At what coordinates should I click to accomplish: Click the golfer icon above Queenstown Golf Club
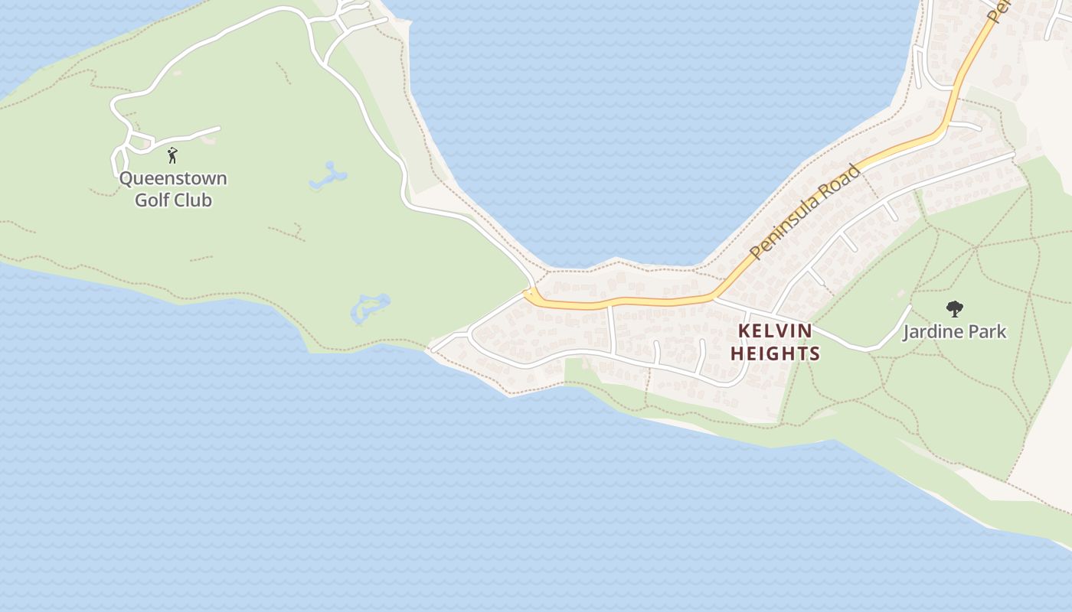pyautogui.click(x=172, y=155)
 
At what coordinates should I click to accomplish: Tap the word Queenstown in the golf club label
pyautogui.click(x=173, y=179)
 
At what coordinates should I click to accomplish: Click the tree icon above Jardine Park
pyautogui.click(x=954, y=309)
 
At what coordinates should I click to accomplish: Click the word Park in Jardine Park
pyautogui.click(x=989, y=332)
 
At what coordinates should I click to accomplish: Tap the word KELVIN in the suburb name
pyautogui.click(x=774, y=331)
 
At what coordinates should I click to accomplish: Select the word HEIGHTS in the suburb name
pyautogui.click(x=775, y=353)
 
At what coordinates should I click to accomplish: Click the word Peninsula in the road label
pyautogui.click(x=785, y=224)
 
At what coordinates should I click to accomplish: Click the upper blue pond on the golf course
pyautogui.click(x=328, y=177)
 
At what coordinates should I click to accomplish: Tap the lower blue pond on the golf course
pyautogui.click(x=369, y=307)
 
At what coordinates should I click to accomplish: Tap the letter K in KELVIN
pyautogui.click(x=744, y=331)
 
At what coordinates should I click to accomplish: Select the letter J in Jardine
pyautogui.click(x=907, y=332)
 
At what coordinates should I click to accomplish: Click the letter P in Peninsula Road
pyautogui.click(x=756, y=252)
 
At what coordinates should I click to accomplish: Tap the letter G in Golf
pyautogui.click(x=142, y=200)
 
